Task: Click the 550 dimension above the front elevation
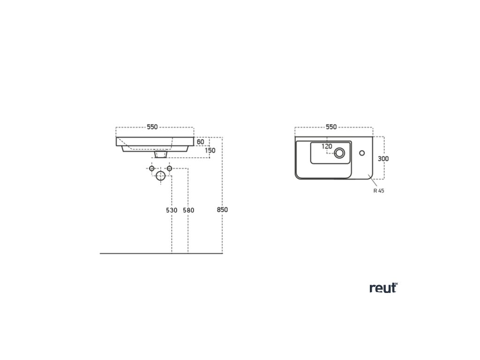point(152,127)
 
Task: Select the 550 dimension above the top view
point(331,127)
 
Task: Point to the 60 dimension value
point(200,142)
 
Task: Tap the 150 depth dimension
point(210,150)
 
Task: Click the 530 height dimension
point(172,210)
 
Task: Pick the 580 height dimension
point(188,210)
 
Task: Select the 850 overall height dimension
point(222,210)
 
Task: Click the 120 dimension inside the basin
point(327,146)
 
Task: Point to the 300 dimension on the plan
point(383,158)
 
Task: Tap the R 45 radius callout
point(379,191)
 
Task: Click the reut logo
point(383,288)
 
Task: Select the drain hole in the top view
point(339,152)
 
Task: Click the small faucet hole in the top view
point(362,152)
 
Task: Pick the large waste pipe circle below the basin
point(160,176)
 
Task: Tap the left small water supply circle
point(151,168)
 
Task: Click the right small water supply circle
point(169,168)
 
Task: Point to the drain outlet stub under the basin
point(160,154)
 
